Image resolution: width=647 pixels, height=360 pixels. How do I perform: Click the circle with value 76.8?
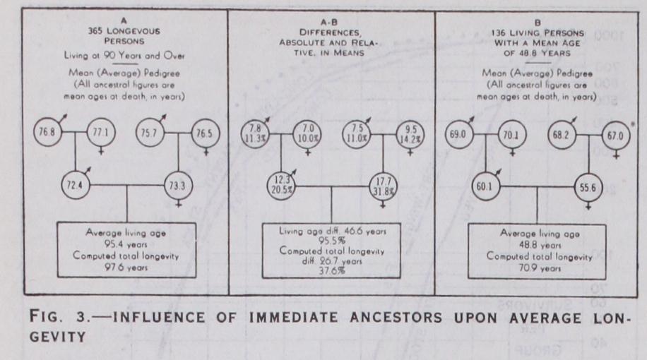click(x=48, y=131)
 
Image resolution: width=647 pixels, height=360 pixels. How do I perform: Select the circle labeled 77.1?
click(x=101, y=132)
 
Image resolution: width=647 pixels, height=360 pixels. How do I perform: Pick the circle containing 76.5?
click(x=205, y=132)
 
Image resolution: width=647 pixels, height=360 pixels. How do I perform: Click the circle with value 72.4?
click(x=74, y=186)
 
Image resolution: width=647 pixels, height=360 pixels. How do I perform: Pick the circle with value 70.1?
click(x=514, y=133)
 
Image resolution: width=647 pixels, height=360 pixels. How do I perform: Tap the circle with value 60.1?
click(x=487, y=186)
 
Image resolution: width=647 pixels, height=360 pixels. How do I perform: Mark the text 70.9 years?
click(x=539, y=266)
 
